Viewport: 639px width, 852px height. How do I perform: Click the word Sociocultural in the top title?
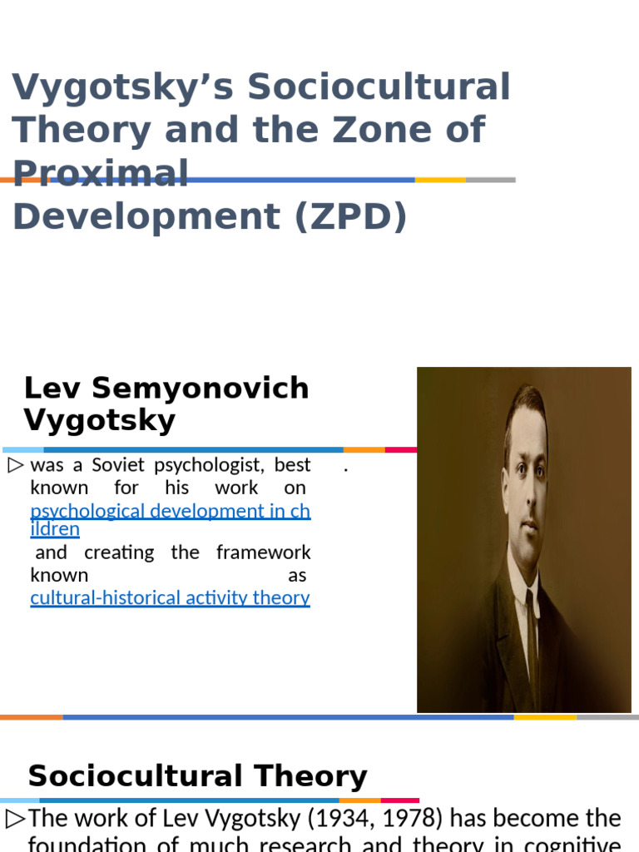[379, 87]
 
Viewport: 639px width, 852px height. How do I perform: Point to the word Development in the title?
[146, 216]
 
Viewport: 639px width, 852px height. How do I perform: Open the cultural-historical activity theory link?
[170, 597]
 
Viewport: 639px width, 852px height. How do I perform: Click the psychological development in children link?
[170, 511]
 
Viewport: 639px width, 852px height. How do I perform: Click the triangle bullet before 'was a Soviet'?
[16, 465]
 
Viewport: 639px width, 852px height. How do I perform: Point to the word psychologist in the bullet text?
[209, 465]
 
